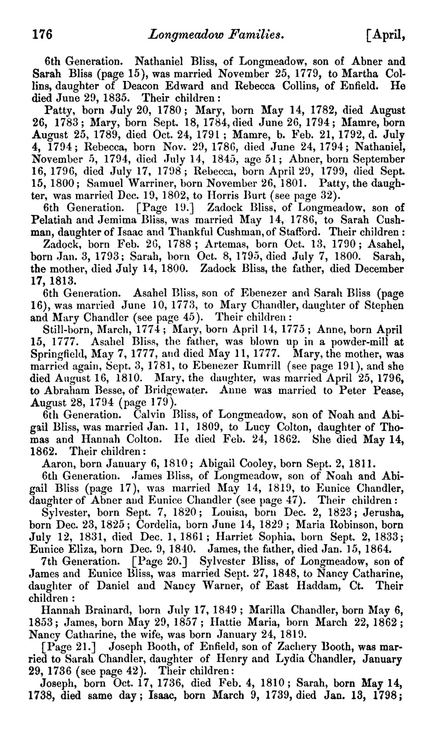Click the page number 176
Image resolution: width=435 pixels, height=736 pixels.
point(43,34)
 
